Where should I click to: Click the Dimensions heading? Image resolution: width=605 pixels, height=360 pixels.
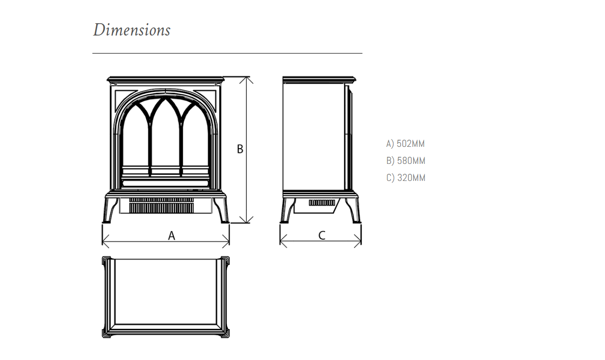click(x=132, y=30)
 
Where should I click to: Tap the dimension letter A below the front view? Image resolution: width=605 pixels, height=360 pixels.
click(x=172, y=236)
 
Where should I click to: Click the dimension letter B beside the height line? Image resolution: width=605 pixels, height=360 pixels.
click(x=240, y=149)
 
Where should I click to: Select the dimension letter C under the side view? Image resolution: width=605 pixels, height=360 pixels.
click(x=322, y=235)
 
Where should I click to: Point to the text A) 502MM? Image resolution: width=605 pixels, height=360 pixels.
click(x=406, y=144)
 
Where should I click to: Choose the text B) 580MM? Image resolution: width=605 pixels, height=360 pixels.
click(x=406, y=161)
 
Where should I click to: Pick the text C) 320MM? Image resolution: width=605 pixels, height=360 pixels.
click(x=406, y=178)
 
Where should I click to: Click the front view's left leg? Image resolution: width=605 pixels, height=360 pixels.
click(x=110, y=210)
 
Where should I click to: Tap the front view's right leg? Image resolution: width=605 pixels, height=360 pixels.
click(x=221, y=210)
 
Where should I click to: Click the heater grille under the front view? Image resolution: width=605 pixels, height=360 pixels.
click(x=162, y=206)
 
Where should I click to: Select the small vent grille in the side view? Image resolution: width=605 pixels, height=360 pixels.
click(x=322, y=203)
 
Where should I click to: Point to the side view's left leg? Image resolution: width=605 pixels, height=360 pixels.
click(x=288, y=210)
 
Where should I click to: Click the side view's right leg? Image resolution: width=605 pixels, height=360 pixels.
click(x=353, y=210)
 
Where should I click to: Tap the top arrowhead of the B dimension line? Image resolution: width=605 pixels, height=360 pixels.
click(x=246, y=77)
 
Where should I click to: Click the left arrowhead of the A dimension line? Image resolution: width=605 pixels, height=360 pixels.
click(x=103, y=241)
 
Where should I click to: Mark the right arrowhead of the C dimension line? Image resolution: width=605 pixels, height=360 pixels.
click(x=361, y=241)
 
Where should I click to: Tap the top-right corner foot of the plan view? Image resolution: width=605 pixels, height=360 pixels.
click(x=225, y=261)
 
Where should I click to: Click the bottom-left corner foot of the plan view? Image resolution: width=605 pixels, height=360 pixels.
click(x=107, y=333)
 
